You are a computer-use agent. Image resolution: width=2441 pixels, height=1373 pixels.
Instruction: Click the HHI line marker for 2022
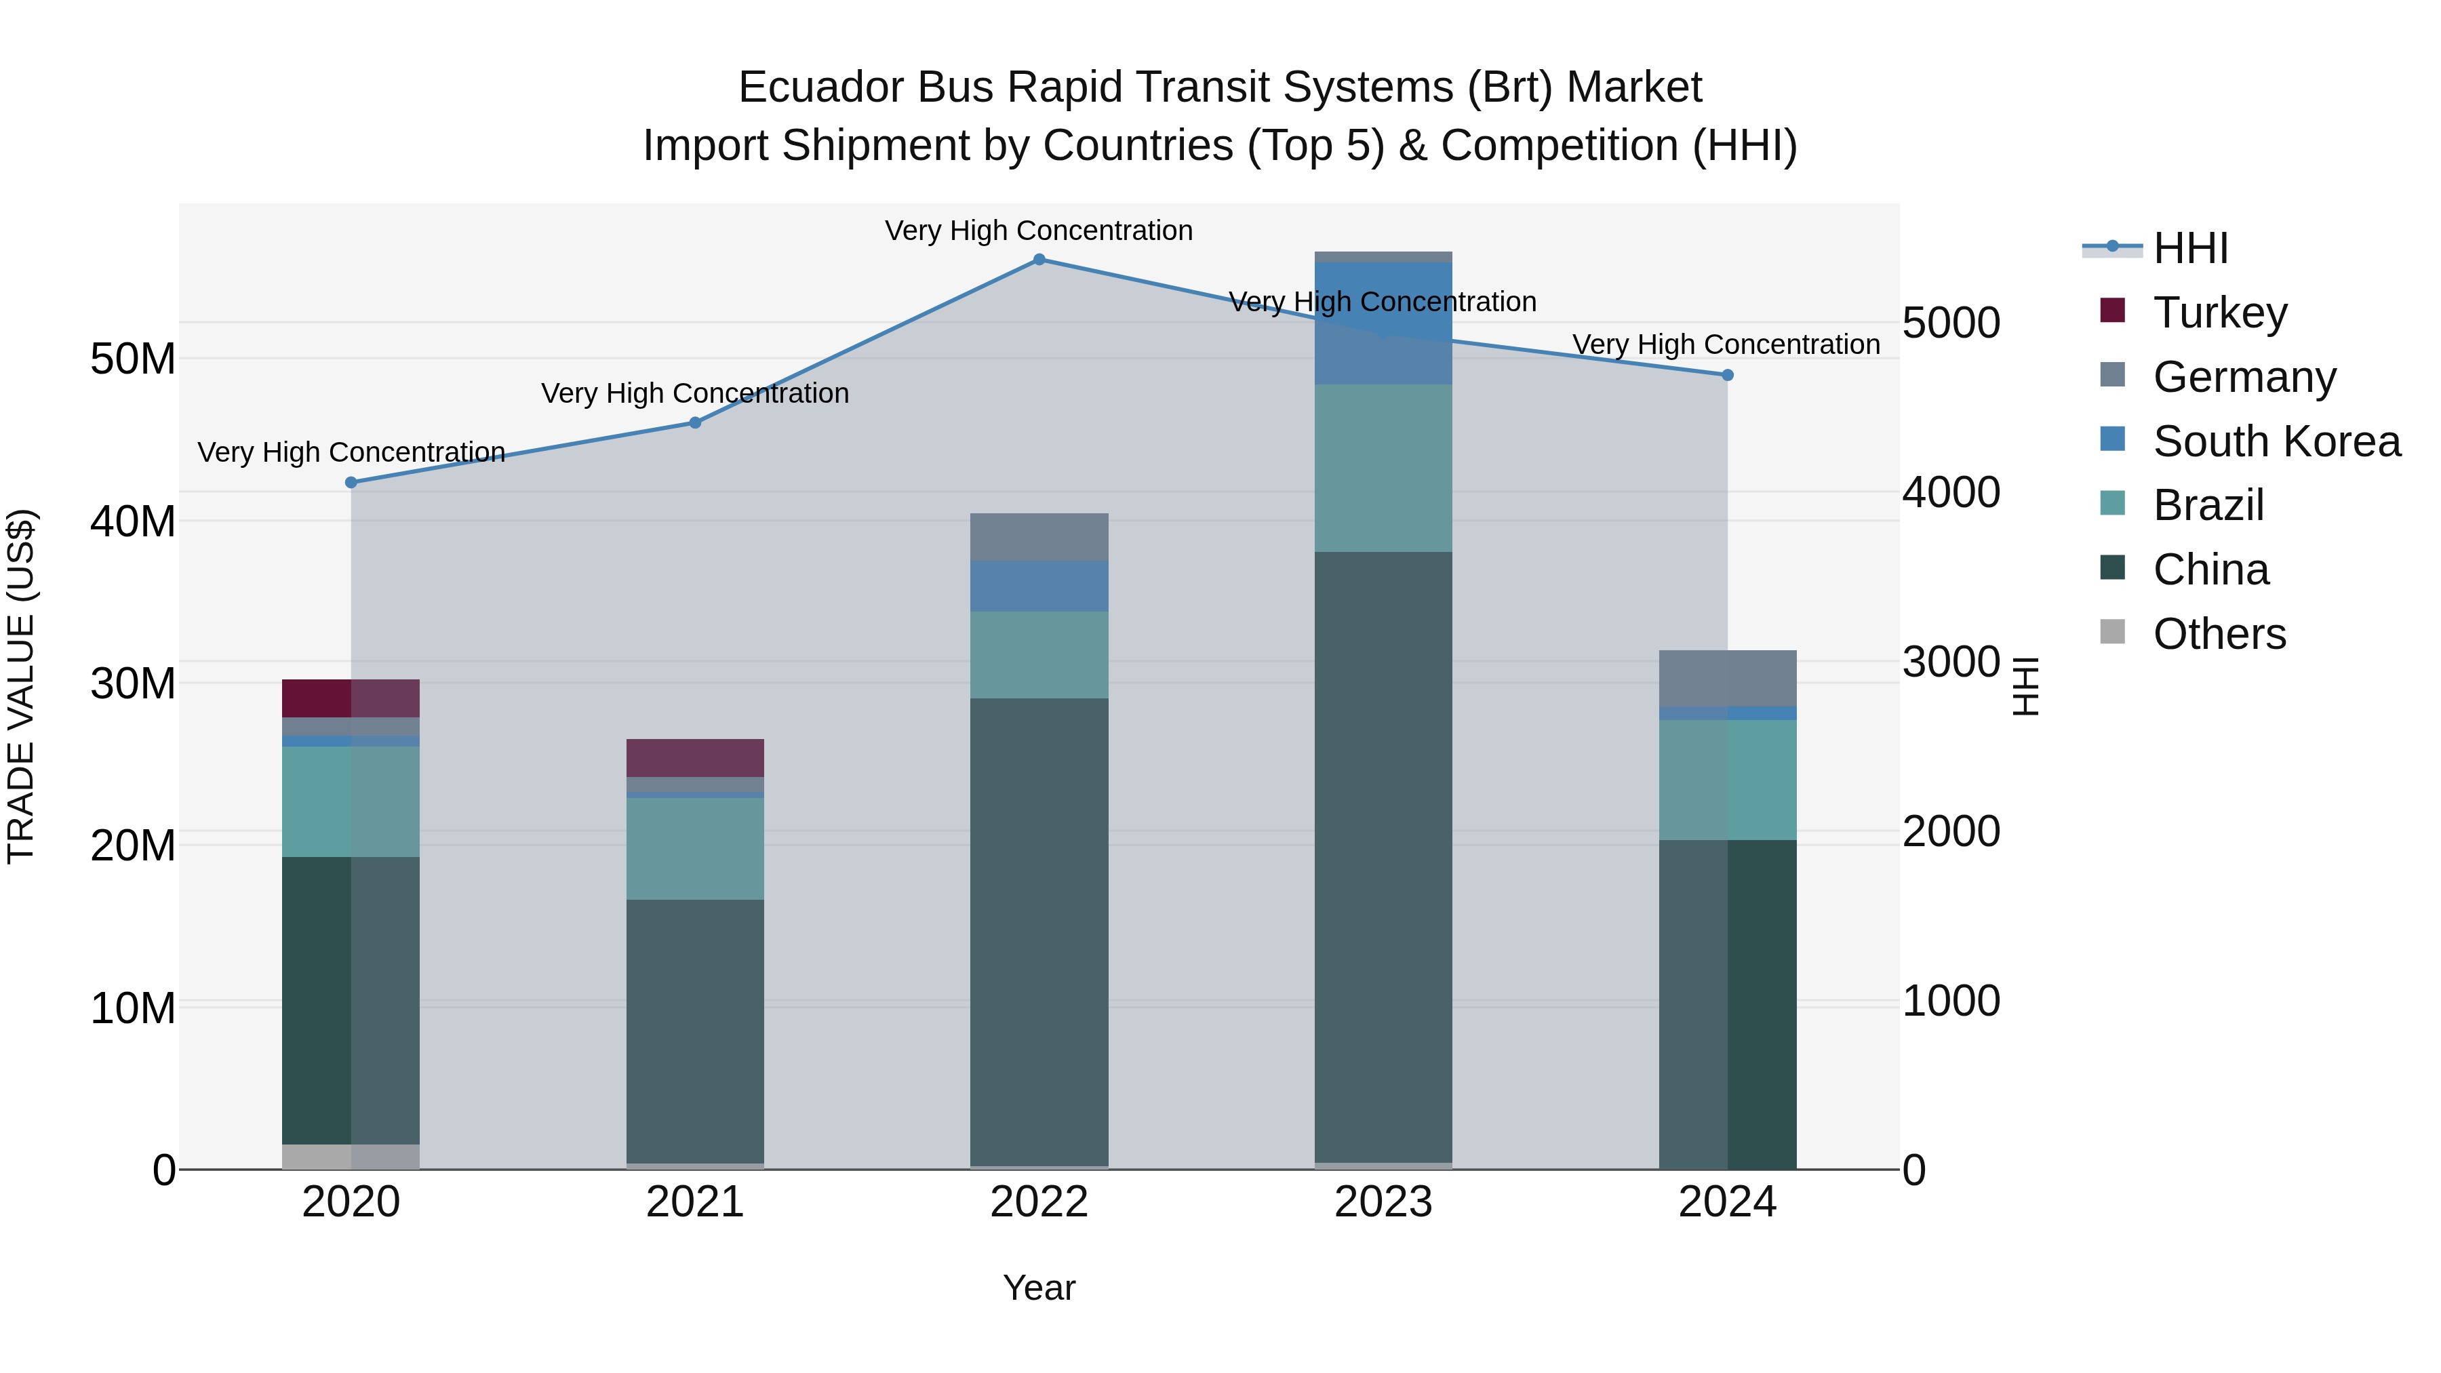click(x=1039, y=260)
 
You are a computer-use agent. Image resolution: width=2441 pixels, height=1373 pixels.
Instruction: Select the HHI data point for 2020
click(x=351, y=482)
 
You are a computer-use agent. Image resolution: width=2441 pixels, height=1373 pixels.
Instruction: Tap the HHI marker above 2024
click(x=1726, y=375)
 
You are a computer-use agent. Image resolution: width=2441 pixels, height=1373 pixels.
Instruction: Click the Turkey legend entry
click(x=2219, y=313)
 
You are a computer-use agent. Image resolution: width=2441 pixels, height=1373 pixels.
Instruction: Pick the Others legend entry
click(x=2219, y=634)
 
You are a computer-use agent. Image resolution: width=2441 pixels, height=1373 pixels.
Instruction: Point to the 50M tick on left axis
click(x=133, y=359)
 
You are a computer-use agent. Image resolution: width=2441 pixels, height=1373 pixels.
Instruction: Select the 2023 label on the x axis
click(x=1383, y=1202)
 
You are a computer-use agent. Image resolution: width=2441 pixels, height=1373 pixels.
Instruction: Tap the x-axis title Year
click(x=1039, y=1288)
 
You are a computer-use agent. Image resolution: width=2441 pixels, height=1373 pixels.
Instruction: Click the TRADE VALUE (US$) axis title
click(x=21, y=686)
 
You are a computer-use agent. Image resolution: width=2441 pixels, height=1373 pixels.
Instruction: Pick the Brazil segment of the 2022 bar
click(x=1039, y=655)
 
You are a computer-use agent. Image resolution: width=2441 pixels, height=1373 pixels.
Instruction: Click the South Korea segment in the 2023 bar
click(x=1383, y=322)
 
